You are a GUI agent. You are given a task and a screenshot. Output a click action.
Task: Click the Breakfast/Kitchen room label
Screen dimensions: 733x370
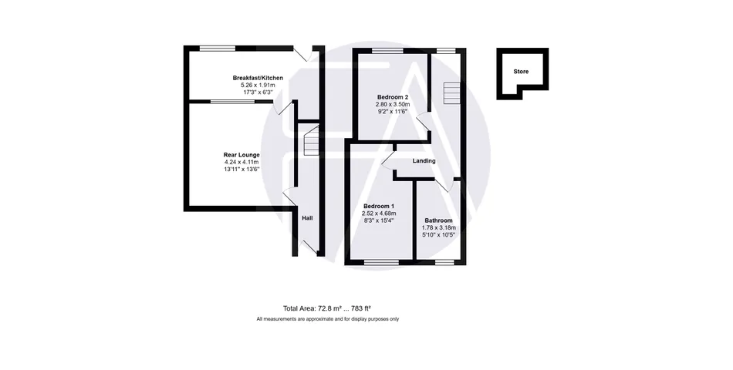pos(258,78)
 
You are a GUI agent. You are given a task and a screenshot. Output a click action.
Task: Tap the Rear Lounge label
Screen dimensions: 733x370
pos(242,155)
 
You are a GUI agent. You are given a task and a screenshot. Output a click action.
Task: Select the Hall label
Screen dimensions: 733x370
pos(307,218)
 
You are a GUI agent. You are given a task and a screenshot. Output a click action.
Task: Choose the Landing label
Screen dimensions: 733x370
pos(424,160)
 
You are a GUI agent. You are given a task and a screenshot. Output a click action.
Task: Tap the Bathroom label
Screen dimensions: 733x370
pos(438,220)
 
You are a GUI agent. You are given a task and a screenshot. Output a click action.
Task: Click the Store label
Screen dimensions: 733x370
pos(522,72)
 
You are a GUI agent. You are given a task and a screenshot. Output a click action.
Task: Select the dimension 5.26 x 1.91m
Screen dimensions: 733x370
pos(258,86)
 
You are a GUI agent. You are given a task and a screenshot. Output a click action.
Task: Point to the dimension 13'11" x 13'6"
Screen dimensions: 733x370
pos(242,170)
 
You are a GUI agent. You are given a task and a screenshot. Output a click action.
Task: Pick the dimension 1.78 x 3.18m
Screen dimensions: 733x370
pos(438,227)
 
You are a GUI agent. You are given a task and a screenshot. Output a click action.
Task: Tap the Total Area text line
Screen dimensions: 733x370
pos(327,308)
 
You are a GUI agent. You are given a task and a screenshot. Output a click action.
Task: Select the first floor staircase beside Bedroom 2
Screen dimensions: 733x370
pos(452,93)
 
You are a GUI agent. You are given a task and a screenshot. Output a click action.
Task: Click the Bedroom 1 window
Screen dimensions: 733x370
pos(381,263)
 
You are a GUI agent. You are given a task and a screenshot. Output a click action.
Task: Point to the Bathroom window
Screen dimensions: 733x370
pos(444,263)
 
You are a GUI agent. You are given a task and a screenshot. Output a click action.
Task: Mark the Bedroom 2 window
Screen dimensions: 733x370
pos(387,50)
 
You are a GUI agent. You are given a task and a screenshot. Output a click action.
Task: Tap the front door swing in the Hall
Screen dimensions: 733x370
pos(309,246)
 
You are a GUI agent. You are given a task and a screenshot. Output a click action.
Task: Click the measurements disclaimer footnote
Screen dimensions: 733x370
pos(328,319)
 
